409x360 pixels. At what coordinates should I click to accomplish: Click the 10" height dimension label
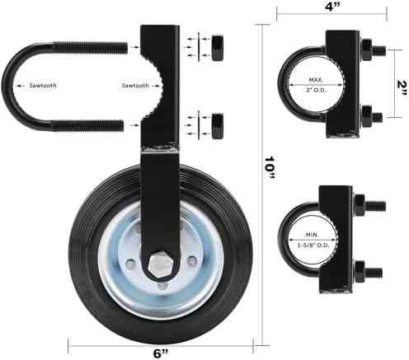click(270, 168)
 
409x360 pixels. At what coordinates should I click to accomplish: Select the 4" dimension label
click(332, 7)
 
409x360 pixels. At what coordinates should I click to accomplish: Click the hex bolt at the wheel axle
click(161, 264)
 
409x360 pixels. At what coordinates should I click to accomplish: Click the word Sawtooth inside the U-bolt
click(43, 86)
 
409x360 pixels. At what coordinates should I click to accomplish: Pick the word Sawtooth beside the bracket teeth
click(135, 86)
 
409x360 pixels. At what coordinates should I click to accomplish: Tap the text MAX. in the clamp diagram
click(316, 80)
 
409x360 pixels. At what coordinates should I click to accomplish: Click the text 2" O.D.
click(316, 90)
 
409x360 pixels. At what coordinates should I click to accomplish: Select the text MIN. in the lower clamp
click(313, 235)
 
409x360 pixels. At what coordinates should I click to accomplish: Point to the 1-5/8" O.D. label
click(313, 245)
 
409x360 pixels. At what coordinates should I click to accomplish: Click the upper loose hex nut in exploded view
click(218, 48)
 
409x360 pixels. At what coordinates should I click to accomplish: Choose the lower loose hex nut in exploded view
click(218, 125)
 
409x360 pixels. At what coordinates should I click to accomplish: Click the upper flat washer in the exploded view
click(199, 47)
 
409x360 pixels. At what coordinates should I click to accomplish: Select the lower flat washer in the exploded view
click(199, 125)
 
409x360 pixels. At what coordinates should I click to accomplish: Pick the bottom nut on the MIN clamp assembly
click(360, 272)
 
